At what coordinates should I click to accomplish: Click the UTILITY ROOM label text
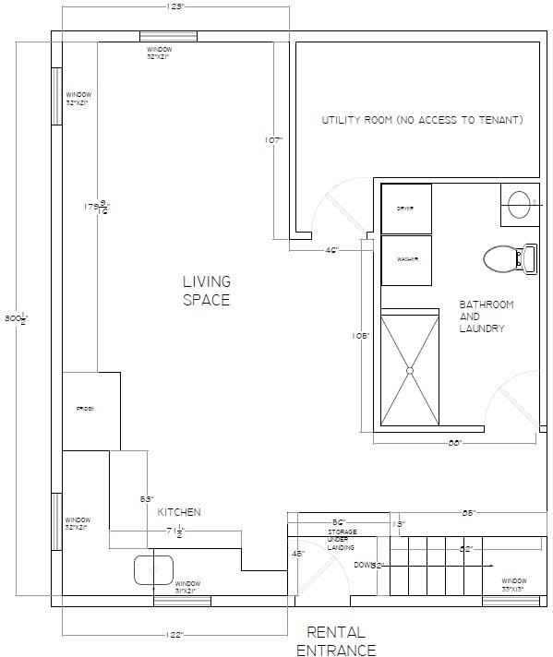tap(422, 120)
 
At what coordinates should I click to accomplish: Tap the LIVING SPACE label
tap(206, 291)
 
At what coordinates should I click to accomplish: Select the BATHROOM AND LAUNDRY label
tap(487, 317)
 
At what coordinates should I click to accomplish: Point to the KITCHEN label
tap(179, 512)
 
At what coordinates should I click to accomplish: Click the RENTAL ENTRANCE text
tap(335, 641)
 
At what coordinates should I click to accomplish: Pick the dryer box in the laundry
tap(406, 209)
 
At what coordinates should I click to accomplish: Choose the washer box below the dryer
tap(406, 260)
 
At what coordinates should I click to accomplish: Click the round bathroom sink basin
tap(519, 203)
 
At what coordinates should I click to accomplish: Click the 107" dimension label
tap(272, 140)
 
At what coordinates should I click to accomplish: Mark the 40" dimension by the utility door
tap(332, 250)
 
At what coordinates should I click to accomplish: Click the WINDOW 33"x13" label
tap(513, 585)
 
